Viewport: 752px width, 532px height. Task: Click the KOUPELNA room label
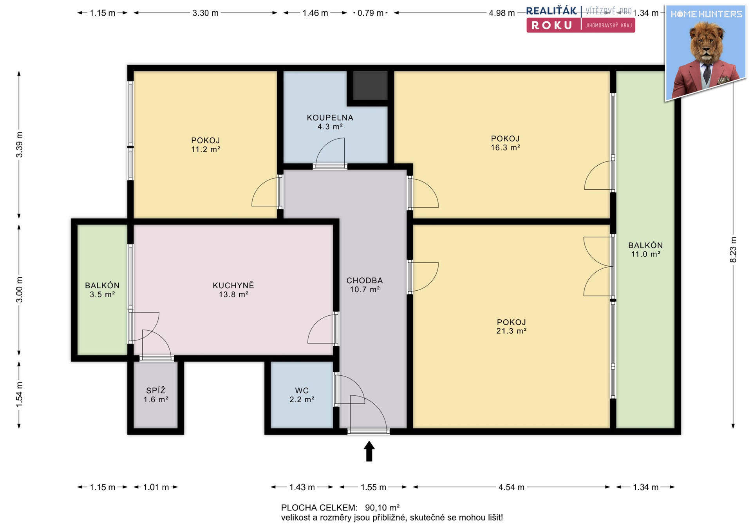pos(330,118)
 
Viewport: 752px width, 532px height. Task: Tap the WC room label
pos(302,391)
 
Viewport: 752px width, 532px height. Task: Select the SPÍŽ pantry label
pos(156,390)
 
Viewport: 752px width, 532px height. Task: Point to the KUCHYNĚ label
pos(233,285)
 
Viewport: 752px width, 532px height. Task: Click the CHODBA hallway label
pos(365,280)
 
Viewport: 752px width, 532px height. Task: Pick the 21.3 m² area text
pos(511,331)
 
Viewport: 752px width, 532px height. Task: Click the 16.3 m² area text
pos(505,148)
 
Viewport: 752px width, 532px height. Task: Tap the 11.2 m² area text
pos(206,149)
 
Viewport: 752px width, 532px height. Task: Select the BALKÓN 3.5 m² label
pos(102,290)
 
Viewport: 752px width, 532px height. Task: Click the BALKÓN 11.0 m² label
pos(645,250)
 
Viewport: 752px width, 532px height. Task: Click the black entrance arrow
pos(369,451)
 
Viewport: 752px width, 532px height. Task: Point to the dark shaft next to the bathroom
pos(370,85)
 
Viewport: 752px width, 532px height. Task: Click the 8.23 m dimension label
pos(733,250)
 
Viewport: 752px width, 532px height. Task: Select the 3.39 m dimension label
pos(19,145)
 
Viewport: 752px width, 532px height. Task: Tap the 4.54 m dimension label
pos(511,487)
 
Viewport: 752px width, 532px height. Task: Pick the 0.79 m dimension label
pos(371,13)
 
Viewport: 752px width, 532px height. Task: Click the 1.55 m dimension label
pos(373,487)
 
